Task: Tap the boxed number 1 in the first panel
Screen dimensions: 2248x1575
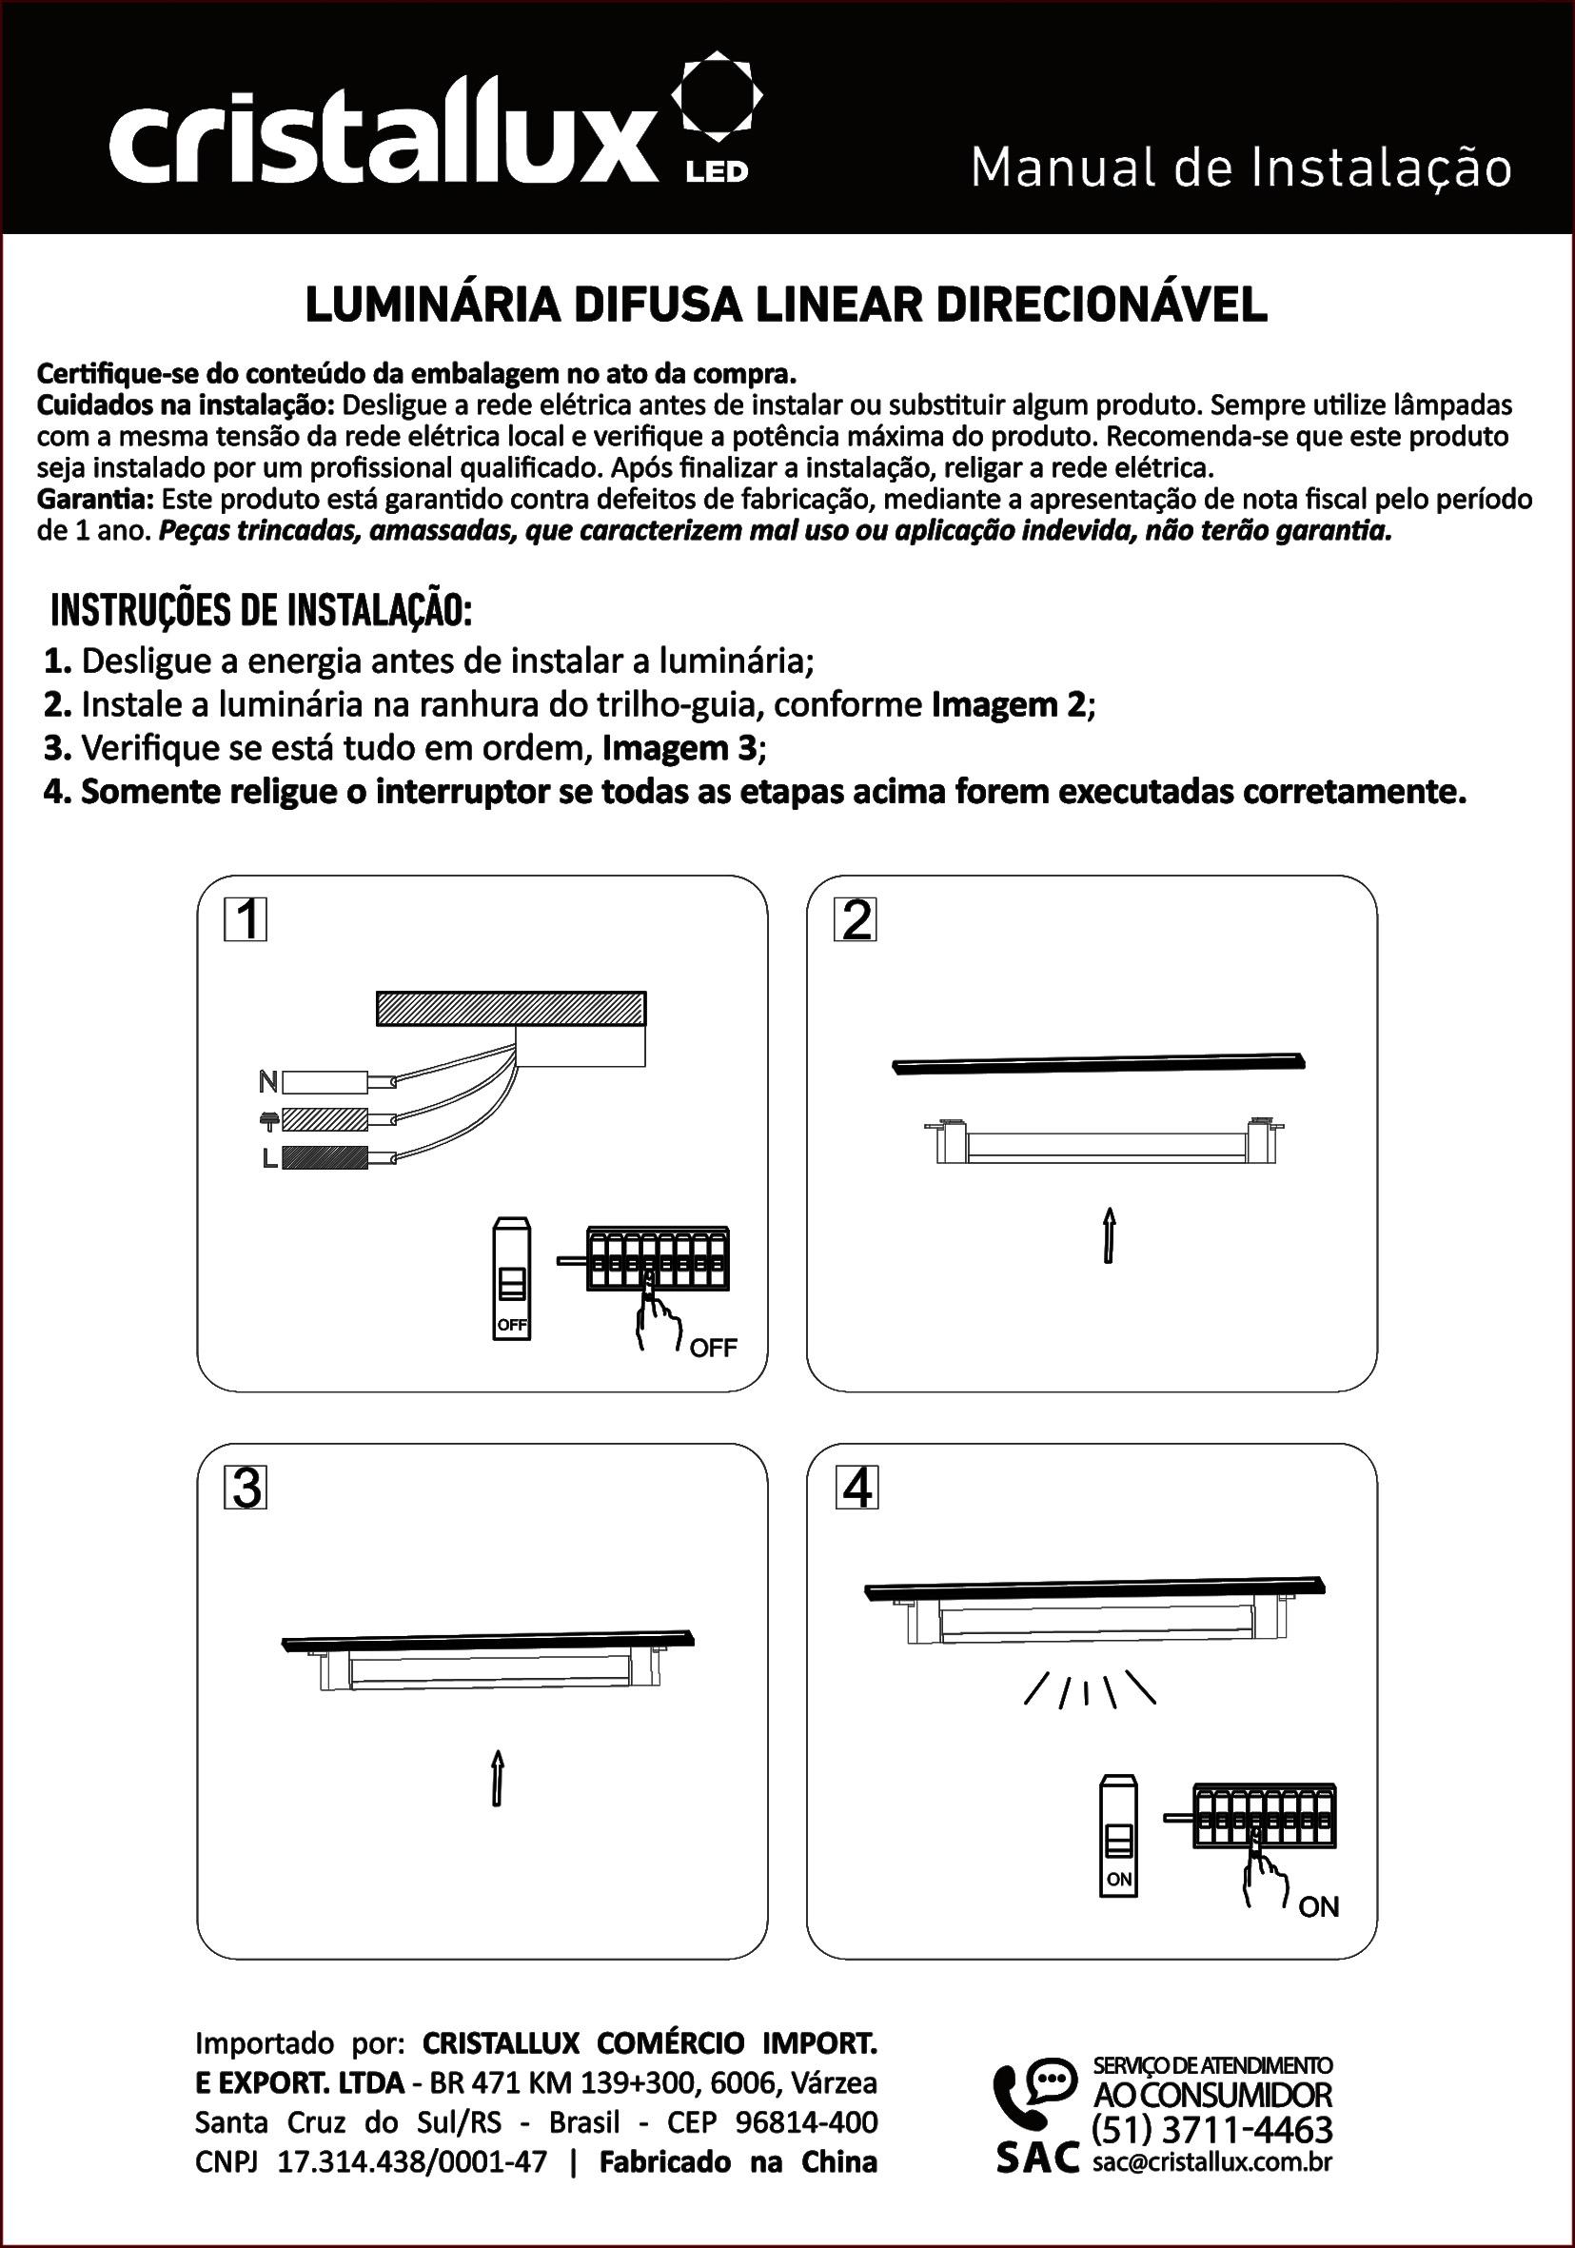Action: point(246,920)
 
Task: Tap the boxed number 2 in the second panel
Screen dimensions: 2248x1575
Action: point(856,920)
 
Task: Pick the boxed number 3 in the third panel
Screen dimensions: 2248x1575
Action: point(246,1489)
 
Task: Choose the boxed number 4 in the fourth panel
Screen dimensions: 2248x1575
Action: point(856,1489)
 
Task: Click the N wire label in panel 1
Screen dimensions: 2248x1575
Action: point(267,1082)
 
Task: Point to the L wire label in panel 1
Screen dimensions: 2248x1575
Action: point(268,1158)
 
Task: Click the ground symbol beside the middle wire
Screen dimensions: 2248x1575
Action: point(267,1119)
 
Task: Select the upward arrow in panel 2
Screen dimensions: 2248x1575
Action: point(1109,1235)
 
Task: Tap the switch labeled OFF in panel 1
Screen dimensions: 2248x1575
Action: point(512,1279)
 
